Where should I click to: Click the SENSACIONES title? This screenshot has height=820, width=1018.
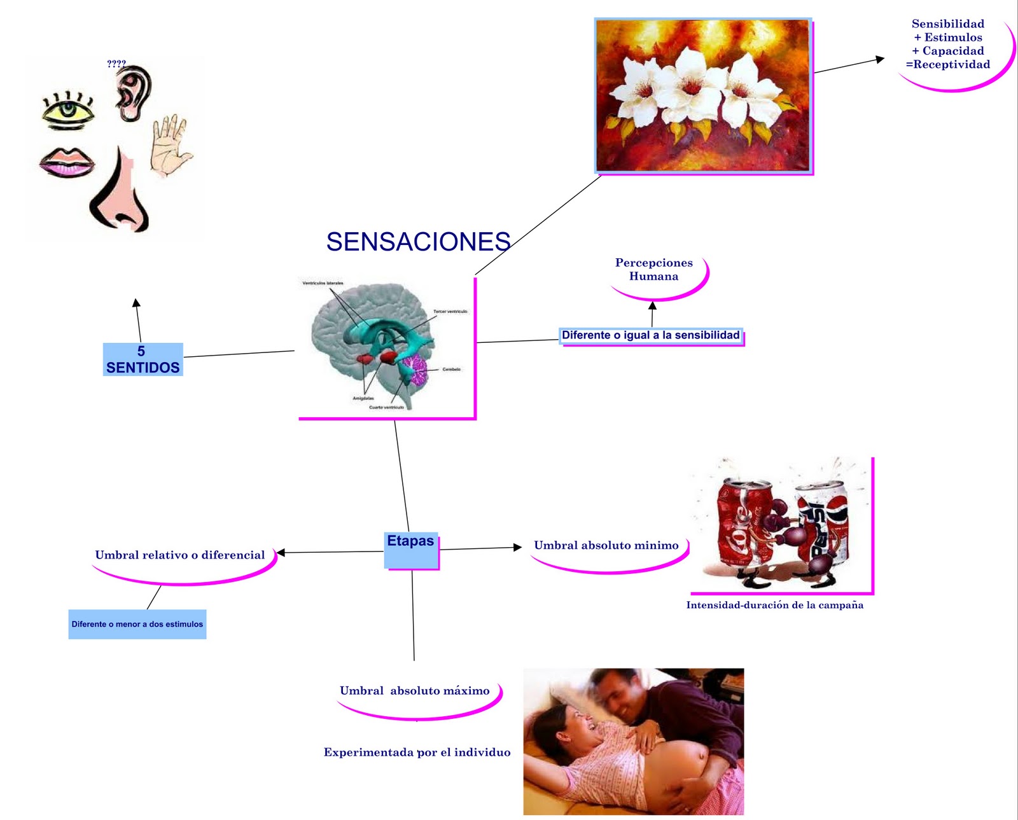pos(418,242)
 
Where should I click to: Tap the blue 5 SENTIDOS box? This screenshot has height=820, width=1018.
pos(143,359)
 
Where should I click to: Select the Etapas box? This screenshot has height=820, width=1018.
pos(411,548)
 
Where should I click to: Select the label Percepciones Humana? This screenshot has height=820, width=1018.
pos(654,270)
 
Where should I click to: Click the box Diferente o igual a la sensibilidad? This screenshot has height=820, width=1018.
pos(651,335)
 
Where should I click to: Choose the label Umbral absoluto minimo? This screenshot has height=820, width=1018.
pos(606,545)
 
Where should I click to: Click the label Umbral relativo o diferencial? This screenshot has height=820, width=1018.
pos(180,555)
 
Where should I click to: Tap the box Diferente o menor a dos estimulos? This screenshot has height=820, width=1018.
pos(137,624)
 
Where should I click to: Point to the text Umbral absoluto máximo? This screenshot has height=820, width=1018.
pos(414,691)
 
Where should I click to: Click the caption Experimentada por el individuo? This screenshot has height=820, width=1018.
pos(417,753)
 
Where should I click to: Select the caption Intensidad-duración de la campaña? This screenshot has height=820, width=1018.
pos(774,605)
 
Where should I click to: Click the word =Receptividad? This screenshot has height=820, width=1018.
pos(947,64)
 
